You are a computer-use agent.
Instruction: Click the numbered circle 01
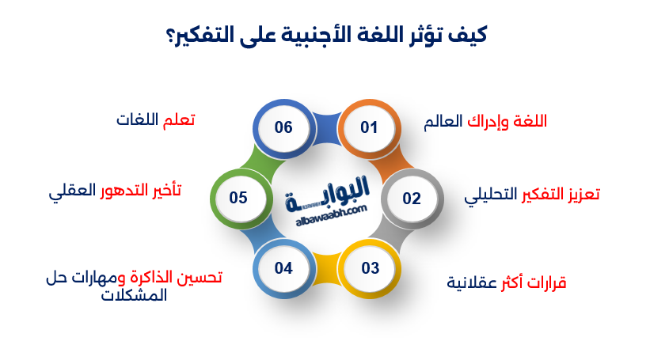[370, 127]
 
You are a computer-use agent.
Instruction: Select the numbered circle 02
[412, 198]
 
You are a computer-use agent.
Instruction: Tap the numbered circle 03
[371, 267]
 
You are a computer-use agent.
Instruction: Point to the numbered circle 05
[238, 198]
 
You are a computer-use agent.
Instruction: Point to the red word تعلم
[179, 120]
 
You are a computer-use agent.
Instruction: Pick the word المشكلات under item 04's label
[135, 295]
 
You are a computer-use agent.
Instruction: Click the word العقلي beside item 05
[73, 191]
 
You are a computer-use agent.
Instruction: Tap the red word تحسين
[200, 277]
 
